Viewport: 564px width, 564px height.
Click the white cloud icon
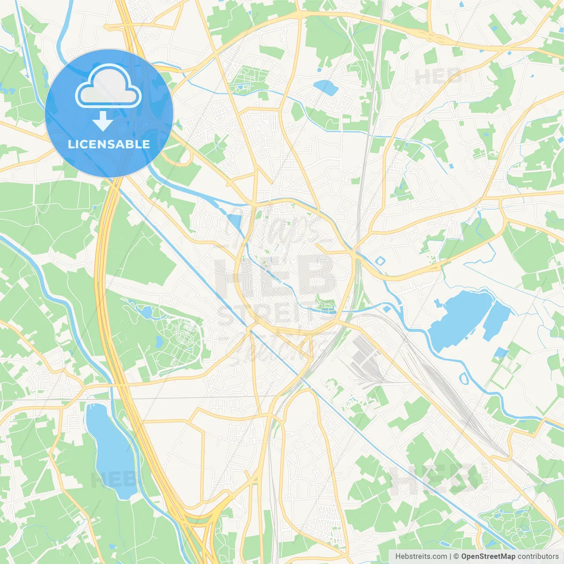coord(108,86)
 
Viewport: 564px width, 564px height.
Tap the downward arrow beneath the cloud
coord(103,121)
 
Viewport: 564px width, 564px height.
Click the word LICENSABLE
coord(109,144)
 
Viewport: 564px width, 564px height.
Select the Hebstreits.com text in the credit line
coord(421,557)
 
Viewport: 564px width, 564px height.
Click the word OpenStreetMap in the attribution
coord(488,557)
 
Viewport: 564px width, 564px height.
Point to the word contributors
coord(538,557)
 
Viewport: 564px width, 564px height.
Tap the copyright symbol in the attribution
coord(456,557)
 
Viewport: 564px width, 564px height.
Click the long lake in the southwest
coord(111,452)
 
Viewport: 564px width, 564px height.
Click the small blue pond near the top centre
coord(326,87)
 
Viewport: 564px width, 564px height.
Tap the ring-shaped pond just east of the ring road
coord(380,261)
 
